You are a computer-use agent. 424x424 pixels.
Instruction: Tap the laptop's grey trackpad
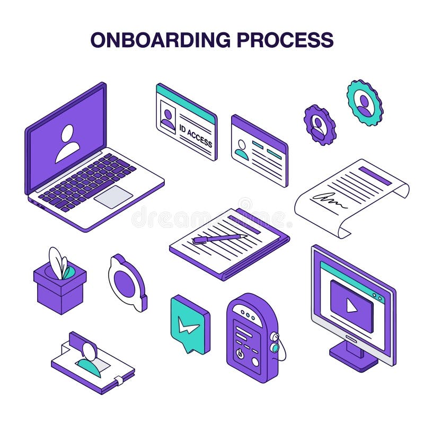[x=113, y=197]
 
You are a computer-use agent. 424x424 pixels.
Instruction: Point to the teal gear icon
[x=365, y=102]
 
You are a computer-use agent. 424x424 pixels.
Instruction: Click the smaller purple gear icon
[x=320, y=125]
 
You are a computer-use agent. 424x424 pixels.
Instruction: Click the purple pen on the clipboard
[x=219, y=238]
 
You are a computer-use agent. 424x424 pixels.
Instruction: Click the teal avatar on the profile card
[x=242, y=149]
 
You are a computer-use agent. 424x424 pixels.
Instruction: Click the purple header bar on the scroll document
[x=375, y=175]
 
